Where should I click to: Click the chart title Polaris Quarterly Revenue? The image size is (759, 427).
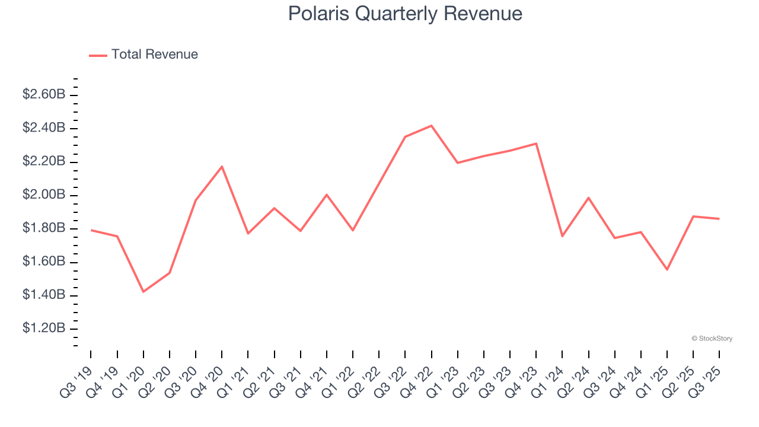click(x=405, y=14)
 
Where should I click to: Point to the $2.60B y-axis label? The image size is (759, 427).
click(x=44, y=94)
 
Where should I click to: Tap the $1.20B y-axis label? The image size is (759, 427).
click(x=44, y=329)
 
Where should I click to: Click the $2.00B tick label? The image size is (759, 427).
click(x=44, y=195)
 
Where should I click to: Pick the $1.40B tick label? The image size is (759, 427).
click(x=44, y=295)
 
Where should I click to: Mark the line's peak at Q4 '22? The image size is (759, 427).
click(x=431, y=126)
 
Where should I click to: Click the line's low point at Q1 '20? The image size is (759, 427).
click(x=143, y=292)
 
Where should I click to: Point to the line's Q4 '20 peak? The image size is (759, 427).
click(x=222, y=167)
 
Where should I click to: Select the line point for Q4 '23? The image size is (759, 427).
click(x=536, y=144)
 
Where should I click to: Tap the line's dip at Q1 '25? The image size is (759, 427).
click(x=667, y=270)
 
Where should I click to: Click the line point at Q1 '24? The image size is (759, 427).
click(x=562, y=236)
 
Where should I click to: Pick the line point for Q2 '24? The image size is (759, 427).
click(x=588, y=197)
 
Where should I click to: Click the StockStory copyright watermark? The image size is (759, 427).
click(x=712, y=339)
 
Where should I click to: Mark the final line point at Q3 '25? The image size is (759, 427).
click(x=719, y=219)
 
